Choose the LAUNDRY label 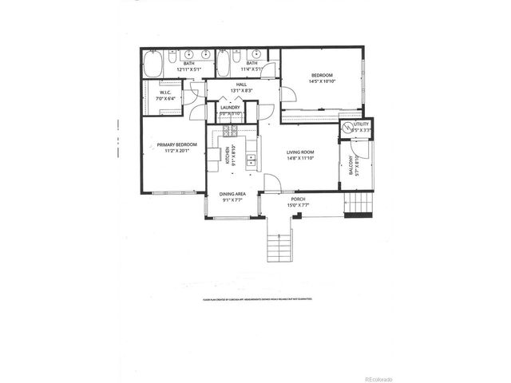(x=231, y=107)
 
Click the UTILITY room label (x=362, y=125)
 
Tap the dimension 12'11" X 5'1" (x=188, y=69)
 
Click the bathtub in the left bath (x=153, y=63)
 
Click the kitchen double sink (x=213, y=156)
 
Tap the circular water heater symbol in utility (x=347, y=128)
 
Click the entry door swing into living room (x=272, y=183)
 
